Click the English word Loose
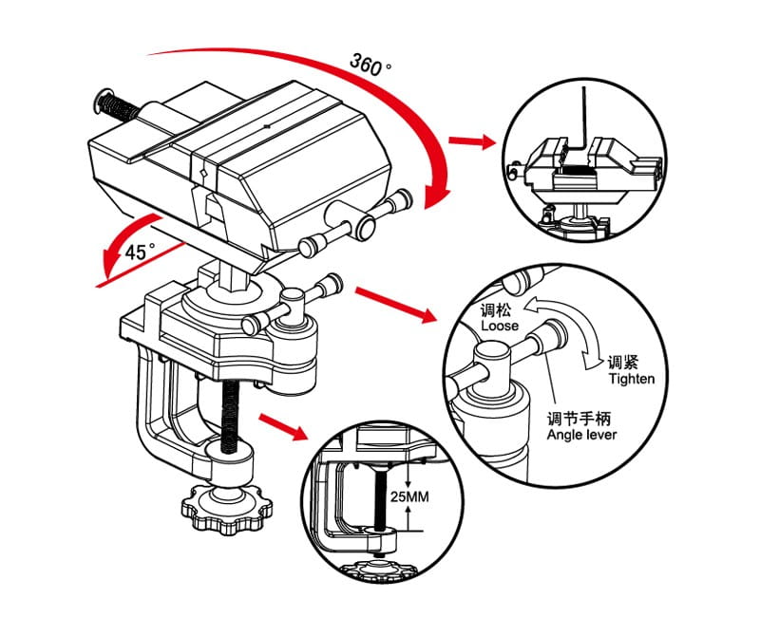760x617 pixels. coord(500,326)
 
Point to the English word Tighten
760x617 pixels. coord(632,379)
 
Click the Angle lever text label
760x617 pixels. coord(581,435)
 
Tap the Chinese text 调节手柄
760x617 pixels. coord(582,419)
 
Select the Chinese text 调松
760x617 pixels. coord(497,310)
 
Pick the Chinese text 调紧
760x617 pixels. coord(624,363)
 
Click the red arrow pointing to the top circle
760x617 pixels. coord(472,142)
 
